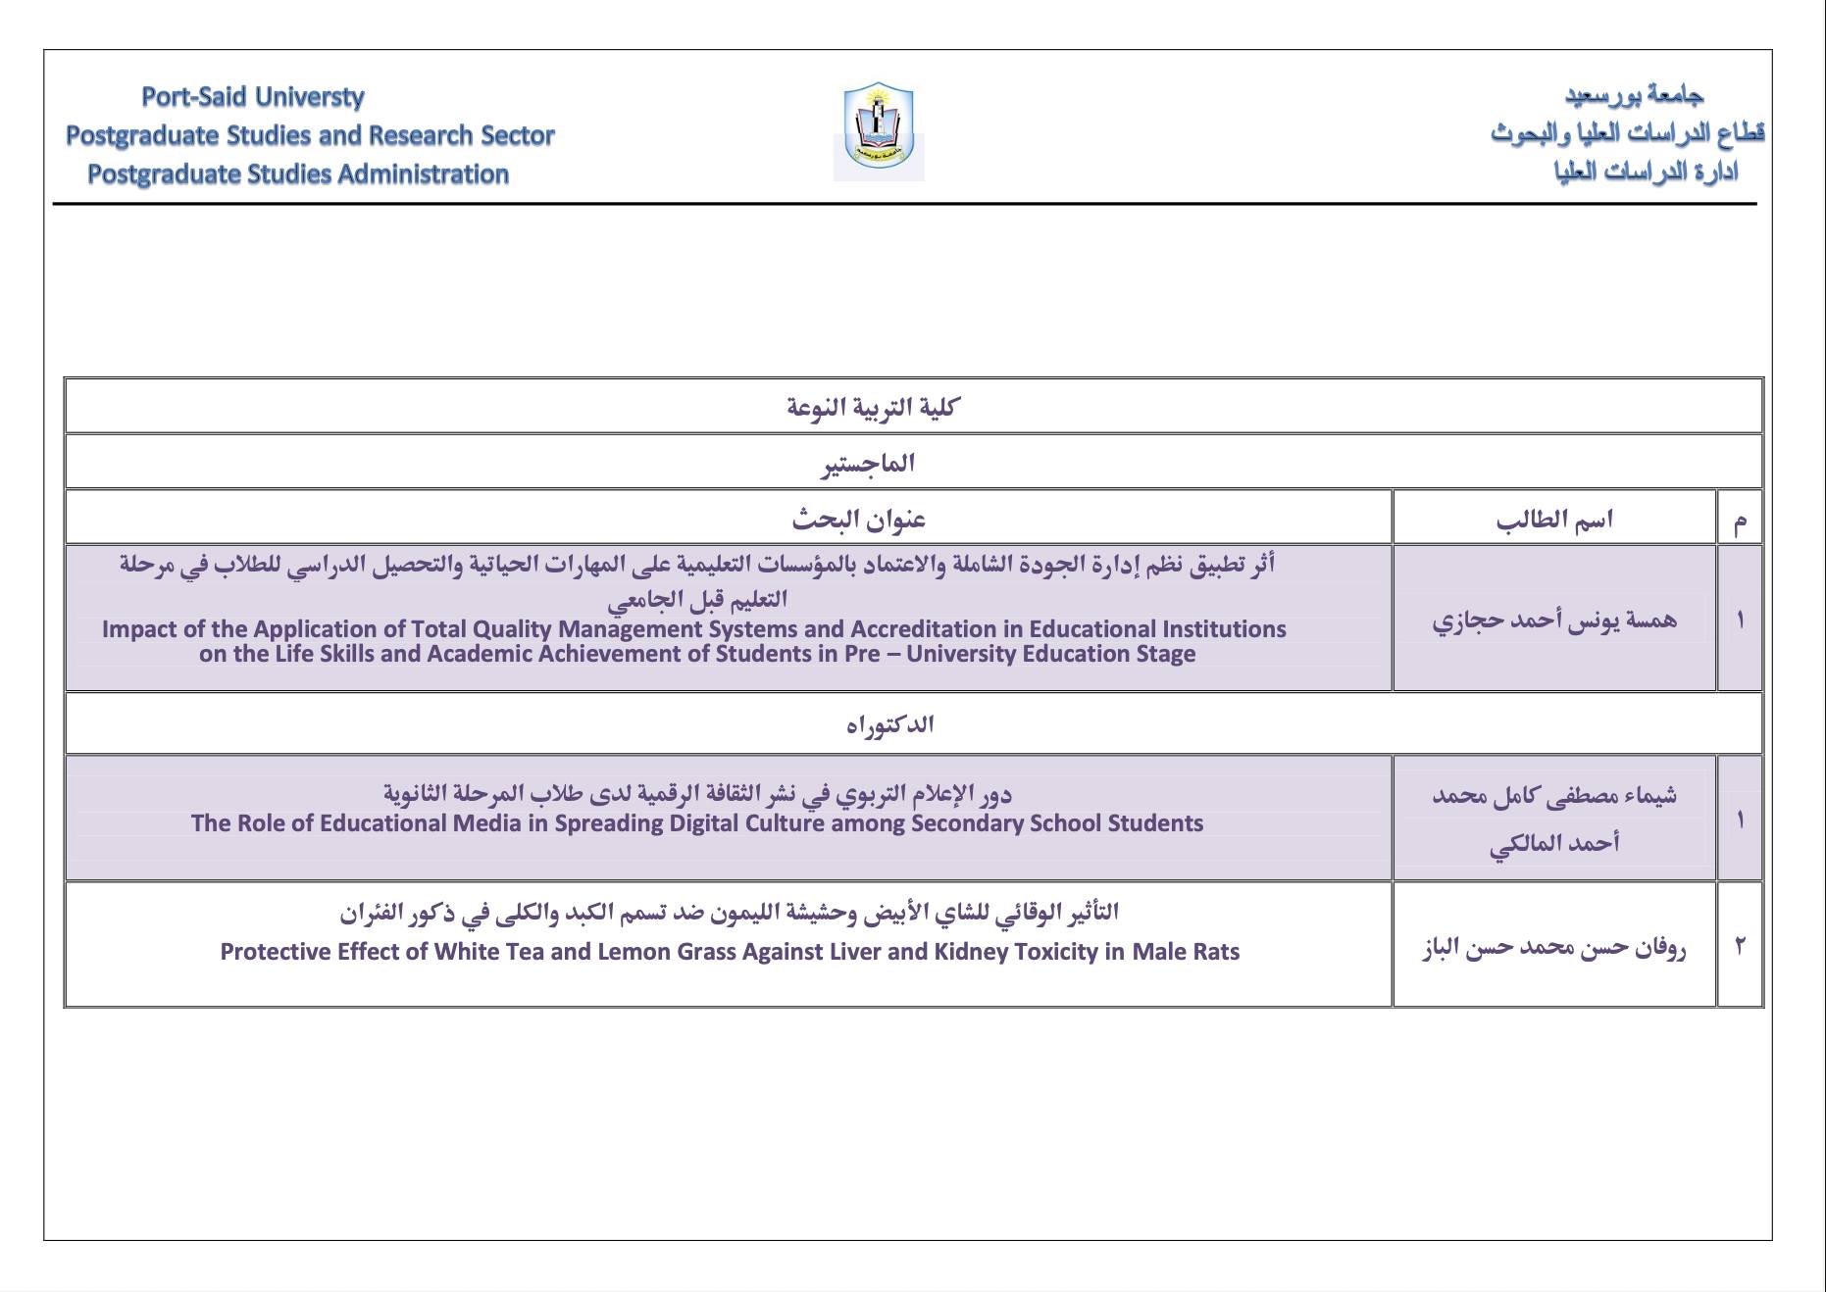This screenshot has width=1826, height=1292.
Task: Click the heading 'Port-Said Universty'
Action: coord(253,97)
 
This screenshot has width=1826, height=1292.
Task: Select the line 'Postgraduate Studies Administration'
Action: coord(298,174)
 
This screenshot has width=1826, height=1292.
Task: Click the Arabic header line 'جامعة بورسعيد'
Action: coord(1634,95)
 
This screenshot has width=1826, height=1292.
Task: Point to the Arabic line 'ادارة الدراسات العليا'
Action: coord(1646,173)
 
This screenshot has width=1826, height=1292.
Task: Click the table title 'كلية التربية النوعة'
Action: coord(872,407)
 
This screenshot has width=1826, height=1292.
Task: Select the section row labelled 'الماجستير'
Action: coord(868,463)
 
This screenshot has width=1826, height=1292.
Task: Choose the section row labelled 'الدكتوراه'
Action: coord(889,724)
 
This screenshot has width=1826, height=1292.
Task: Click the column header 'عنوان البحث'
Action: coord(859,519)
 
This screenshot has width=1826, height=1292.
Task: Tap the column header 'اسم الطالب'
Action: coord(1554,519)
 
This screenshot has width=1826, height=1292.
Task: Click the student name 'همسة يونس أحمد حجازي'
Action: coord(1554,620)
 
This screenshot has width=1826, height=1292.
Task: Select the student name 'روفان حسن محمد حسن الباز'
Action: coord(1554,947)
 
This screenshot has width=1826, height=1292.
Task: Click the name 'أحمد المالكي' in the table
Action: coord(1554,843)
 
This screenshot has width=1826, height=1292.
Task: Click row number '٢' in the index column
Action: coord(1740,946)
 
